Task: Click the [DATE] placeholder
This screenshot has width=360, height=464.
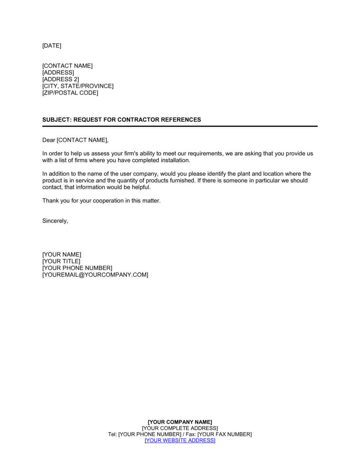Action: [x=52, y=46]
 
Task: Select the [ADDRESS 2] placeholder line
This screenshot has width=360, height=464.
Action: [x=60, y=79]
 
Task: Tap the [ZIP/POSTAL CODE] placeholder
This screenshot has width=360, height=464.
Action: [x=70, y=93]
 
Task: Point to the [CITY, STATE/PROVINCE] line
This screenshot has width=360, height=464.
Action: [x=78, y=86]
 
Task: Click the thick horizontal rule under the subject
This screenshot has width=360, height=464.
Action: [x=180, y=126]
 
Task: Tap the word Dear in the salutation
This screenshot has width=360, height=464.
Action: [x=49, y=140]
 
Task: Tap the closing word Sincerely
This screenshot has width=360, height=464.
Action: [x=55, y=221]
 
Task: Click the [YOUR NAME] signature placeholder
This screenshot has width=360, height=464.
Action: [x=62, y=255]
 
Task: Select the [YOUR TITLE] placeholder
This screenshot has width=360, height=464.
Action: [x=61, y=261]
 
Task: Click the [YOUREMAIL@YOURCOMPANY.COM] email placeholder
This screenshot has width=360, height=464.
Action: [x=95, y=275]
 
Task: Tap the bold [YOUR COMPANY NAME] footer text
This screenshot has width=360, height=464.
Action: [x=180, y=422]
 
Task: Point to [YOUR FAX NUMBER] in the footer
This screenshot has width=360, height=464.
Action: [x=224, y=435]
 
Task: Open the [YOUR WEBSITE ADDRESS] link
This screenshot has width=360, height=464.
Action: [x=180, y=441]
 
